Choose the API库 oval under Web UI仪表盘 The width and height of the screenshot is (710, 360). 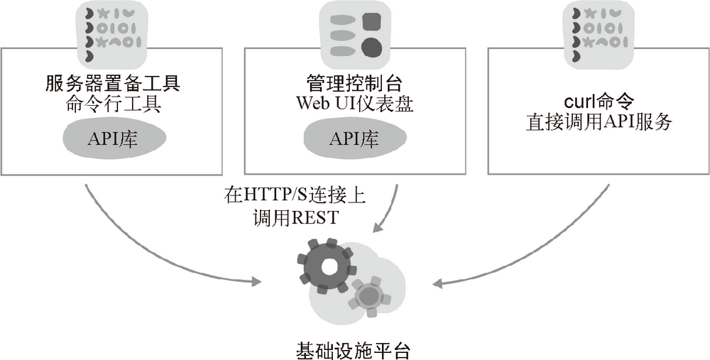(354, 140)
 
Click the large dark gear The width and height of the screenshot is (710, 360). (328, 266)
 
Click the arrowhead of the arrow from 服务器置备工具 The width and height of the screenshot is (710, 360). (256, 283)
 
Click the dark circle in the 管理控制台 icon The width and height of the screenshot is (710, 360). (372, 48)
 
